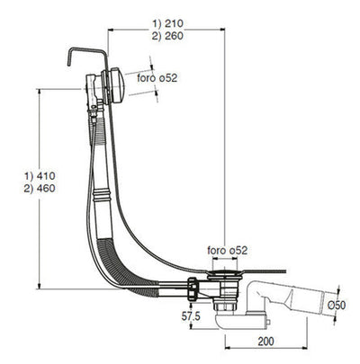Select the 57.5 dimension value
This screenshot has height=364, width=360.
click(192, 317)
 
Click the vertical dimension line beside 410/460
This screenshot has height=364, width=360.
click(40, 189)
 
